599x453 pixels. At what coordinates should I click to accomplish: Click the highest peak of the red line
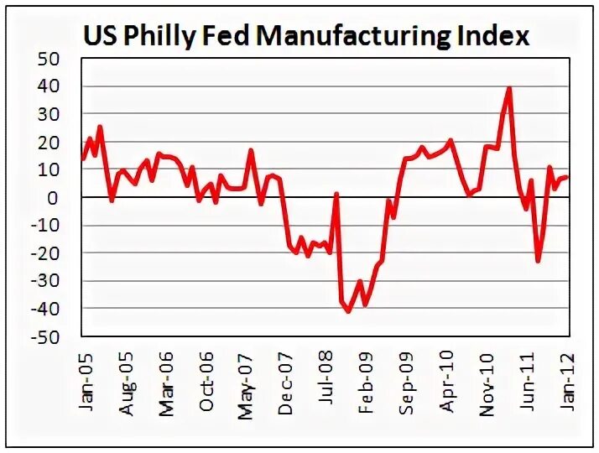coord(509,87)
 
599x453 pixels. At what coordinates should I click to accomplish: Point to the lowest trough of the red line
coord(348,311)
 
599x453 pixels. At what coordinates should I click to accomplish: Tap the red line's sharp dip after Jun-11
coord(538,261)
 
